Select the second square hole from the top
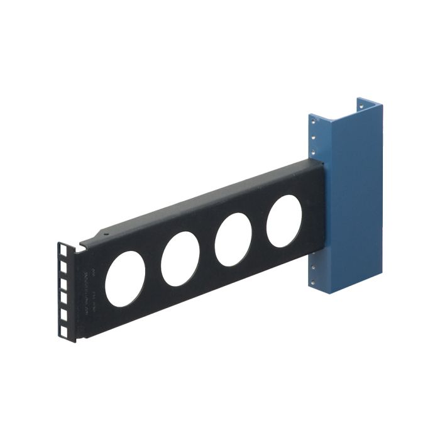pyautogui.click(x=64, y=267)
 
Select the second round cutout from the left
pyautogui.click(x=180, y=258)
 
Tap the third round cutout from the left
pyautogui.click(x=233, y=239)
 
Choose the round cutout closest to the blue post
pyautogui.click(x=284, y=221)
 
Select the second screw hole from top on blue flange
pyautogui.click(x=313, y=138)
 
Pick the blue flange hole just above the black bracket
pyautogui.click(x=313, y=151)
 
